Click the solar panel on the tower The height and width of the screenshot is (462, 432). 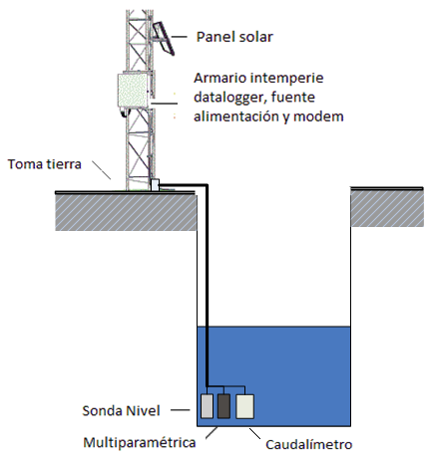tap(164, 39)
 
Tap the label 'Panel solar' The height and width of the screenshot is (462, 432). tap(234, 37)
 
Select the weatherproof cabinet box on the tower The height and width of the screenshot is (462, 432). tap(133, 90)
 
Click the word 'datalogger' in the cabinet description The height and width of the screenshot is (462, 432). tap(229, 98)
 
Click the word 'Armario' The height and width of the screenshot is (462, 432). tap(219, 78)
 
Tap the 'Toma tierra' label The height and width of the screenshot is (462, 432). tap(45, 164)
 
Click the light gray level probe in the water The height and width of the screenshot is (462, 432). tap(207, 406)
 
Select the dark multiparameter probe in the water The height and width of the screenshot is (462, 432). tap(223, 406)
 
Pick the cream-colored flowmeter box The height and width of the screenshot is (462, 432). tap(245, 406)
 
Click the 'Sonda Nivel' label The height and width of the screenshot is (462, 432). tap(121, 411)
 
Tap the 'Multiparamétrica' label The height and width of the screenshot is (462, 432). tap(140, 442)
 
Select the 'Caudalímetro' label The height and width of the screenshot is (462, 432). tap(309, 445)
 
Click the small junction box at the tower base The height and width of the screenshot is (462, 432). tap(155, 185)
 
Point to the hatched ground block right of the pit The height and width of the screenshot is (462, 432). tap(387, 209)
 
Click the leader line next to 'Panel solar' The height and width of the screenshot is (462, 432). tap(179, 37)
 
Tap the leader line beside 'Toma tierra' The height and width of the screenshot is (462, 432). tap(101, 170)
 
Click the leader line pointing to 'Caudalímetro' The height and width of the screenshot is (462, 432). tap(255, 434)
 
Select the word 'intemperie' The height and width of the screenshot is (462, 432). tap(286, 79)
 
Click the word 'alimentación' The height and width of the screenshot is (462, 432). tap(237, 116)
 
